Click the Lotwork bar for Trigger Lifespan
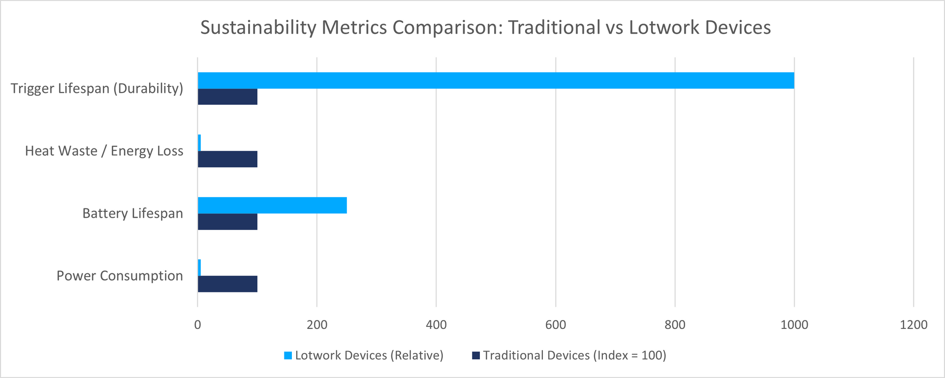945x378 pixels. point(496,81)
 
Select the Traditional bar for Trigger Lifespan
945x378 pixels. point(227,97)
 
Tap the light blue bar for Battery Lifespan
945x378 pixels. point(272,205)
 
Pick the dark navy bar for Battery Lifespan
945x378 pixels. point(227,222)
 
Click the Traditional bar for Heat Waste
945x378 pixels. point(227,159)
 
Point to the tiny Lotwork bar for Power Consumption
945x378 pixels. point(199,268)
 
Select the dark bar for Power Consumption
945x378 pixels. point(227,284)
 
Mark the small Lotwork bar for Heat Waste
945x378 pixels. point(199,143)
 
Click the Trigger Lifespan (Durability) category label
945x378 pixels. point(97,88)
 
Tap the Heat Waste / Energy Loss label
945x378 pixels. point(104,151)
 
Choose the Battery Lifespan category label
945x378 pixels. point(132,213)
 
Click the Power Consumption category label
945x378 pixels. point(120,276)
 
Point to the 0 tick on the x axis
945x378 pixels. point(197,325)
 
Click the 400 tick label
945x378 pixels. point(436,325)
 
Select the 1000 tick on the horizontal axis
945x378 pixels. point(794,325)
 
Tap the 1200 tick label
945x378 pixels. point(913,325)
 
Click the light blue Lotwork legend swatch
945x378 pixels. point(288,355)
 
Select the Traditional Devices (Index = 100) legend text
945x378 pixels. point(574,355)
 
